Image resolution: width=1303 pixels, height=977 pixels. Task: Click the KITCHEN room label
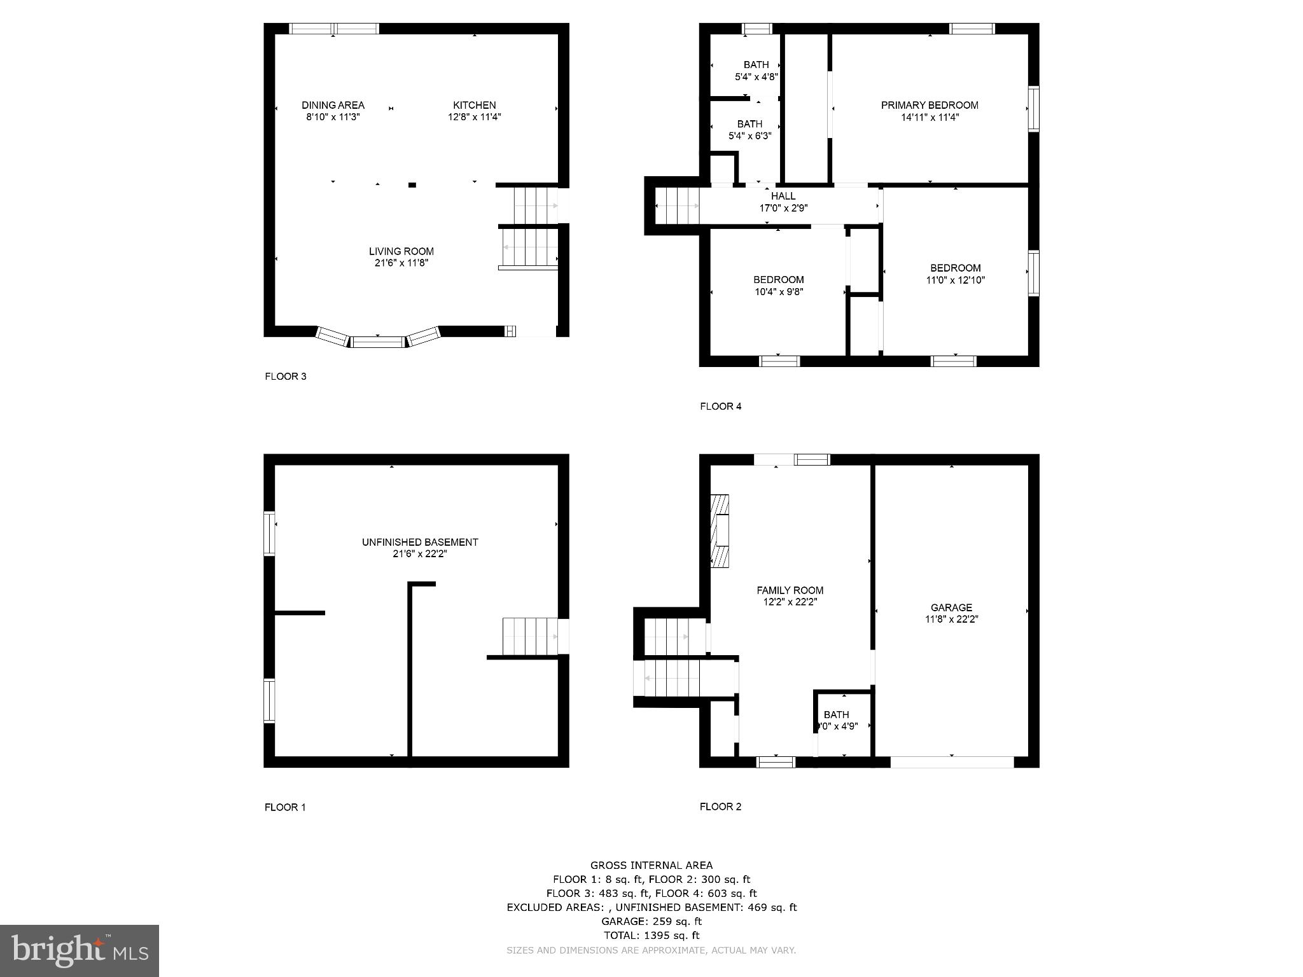[474, 106]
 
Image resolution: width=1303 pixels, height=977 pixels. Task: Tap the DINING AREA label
[333, 106]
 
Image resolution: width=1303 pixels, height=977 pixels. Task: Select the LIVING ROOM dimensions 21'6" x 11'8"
[401, 263]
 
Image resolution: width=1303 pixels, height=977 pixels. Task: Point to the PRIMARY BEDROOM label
[929, 106]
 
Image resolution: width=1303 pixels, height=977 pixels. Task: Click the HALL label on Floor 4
[783, 197]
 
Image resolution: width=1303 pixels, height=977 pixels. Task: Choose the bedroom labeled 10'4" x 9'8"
[778, 286]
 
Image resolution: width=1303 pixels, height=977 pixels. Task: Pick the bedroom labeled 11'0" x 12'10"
[955, 274]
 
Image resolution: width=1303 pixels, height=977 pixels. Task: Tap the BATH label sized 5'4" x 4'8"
[756, 71]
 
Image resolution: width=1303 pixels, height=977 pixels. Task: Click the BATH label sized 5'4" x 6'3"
[749, 130]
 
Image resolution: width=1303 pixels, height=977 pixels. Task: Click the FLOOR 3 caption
[286, 377]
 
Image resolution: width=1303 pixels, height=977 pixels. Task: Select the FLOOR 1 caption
[285, 807]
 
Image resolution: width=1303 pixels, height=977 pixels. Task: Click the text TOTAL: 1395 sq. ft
[651, 935]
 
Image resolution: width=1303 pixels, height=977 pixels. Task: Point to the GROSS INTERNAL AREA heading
[651, 865]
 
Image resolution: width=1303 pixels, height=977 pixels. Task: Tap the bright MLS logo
[80, 950]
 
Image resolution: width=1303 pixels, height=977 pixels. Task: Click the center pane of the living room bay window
[378, 342]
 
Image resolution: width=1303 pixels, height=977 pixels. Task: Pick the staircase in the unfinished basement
[530, 636]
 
